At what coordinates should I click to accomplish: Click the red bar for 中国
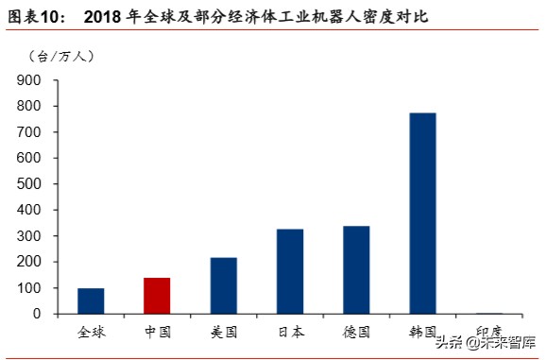coord(157,295)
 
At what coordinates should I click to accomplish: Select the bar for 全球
coord(91,300)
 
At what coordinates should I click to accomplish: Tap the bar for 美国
coord(224,284)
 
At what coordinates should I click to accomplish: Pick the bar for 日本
coord(290,270)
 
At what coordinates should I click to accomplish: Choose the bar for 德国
coord(356,269)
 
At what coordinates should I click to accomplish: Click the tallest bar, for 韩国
coord(422,213)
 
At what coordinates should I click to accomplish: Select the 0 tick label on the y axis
coord(38,314)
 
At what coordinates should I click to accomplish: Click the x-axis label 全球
coord(91,332)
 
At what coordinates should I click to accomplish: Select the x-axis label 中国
coord(157,332)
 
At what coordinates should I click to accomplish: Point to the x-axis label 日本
coord(290,332)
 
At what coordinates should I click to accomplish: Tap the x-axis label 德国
coord(356,332)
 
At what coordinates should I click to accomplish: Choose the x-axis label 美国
coord(224,332)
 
